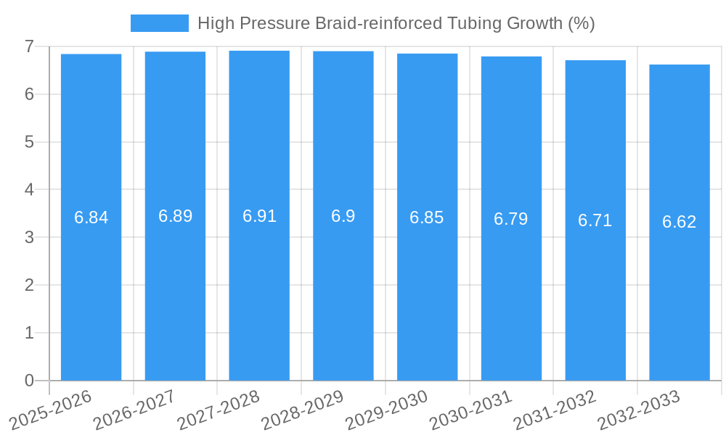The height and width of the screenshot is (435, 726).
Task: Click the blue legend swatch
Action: point(159,23)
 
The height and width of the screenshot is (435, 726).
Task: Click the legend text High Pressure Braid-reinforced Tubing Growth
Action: point(396,23)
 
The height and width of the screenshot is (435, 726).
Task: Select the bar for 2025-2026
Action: point(91,217)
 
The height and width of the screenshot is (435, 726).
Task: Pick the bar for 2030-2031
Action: point(511,218)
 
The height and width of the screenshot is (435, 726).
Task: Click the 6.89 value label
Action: point(175,216)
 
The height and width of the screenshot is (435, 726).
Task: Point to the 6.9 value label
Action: point(343,216)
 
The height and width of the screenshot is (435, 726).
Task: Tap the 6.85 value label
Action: point(427,217)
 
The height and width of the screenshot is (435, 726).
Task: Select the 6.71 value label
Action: point(595,220)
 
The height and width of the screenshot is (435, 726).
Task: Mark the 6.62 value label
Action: point(680,222)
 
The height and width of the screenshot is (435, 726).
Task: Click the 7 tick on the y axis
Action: point(29,46)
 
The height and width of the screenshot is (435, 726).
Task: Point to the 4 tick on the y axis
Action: point(29,190)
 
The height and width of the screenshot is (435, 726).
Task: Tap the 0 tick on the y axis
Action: point(29,381)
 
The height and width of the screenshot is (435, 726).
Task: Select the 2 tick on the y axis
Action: point(29,285)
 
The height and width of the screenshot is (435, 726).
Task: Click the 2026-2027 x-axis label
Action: point(135,410)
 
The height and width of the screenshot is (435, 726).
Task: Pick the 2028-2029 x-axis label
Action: point(303,410)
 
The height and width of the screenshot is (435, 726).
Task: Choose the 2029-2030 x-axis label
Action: point(387,410)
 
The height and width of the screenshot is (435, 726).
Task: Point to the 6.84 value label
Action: point(91,217)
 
